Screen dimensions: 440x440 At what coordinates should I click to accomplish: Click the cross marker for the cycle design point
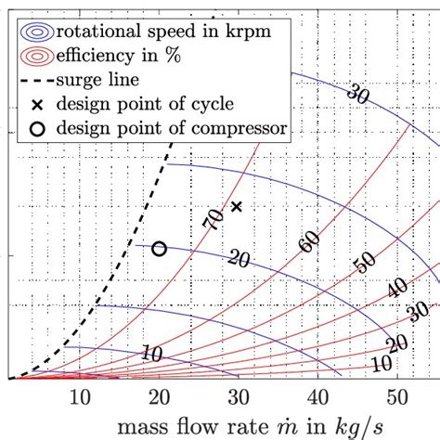tap(237, 206)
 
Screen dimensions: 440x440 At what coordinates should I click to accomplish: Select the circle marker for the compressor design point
tap(159, 248)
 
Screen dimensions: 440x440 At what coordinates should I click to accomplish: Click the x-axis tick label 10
tap(80, 397)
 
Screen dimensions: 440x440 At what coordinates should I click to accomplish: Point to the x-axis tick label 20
tap(160, 397)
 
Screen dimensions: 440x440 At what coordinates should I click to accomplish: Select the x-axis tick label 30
tap(239, 397)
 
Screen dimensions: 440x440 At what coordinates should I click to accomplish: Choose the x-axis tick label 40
tap(318, 397)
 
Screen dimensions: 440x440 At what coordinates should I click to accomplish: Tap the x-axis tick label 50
tap(397, 397)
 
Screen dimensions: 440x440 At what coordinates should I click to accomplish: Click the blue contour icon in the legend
tap(34, 30)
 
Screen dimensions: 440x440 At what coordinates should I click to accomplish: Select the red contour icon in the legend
tap(34, 54)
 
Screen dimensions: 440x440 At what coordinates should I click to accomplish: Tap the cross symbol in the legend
tap(34, 103)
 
